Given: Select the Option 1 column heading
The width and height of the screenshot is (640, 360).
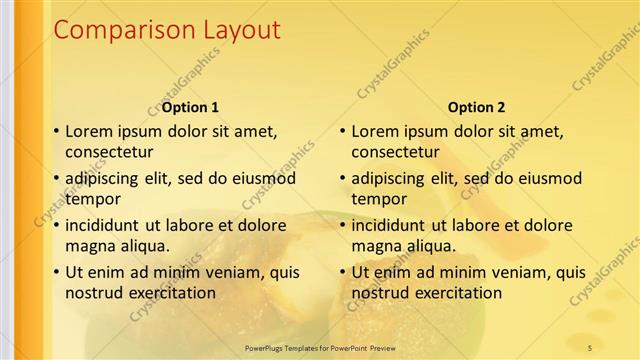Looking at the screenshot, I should click(x=190, y=107).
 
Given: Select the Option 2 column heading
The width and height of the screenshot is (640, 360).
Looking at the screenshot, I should click(x=476, y=107).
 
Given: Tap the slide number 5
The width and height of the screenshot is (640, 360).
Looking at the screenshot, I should click(x=589, y=347).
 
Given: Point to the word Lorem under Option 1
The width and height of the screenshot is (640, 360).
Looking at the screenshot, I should click(x=89, y=131).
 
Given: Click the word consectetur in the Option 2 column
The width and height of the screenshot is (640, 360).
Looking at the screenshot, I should click(x=395, y=152).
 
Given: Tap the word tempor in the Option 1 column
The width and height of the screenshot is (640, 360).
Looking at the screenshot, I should click(x=90, y=198).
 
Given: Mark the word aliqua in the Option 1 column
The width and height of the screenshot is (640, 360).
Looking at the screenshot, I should click(x=147, y=245).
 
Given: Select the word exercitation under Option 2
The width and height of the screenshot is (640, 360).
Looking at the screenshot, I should click(x=458, y=292).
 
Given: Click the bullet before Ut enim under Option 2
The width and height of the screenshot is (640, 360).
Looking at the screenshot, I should click(x=342, y=272).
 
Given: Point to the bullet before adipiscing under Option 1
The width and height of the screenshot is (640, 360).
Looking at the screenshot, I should click(x=56, y=178).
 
